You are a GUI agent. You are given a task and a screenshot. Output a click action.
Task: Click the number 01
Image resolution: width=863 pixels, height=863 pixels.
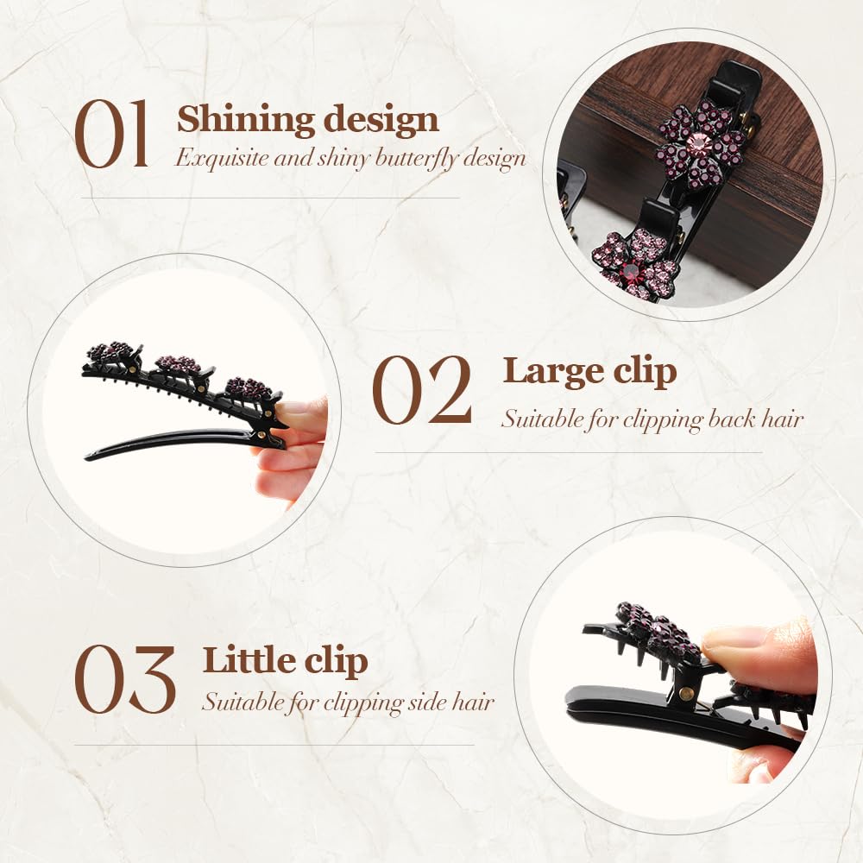click(x=111, y=135)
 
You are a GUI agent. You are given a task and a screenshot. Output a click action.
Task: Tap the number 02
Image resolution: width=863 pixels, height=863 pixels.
click(x=422, y=390)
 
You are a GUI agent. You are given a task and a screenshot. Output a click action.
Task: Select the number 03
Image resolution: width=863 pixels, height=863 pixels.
click(x=125, y=680)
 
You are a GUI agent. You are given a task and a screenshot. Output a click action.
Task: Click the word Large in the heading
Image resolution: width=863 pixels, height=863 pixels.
click(x=553, y=372)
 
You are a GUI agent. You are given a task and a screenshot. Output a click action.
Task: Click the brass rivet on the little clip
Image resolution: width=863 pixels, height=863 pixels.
click(x=686, y=693)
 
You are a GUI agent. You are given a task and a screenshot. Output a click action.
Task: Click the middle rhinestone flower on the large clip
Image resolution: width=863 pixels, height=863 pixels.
click(x=179, y=363)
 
